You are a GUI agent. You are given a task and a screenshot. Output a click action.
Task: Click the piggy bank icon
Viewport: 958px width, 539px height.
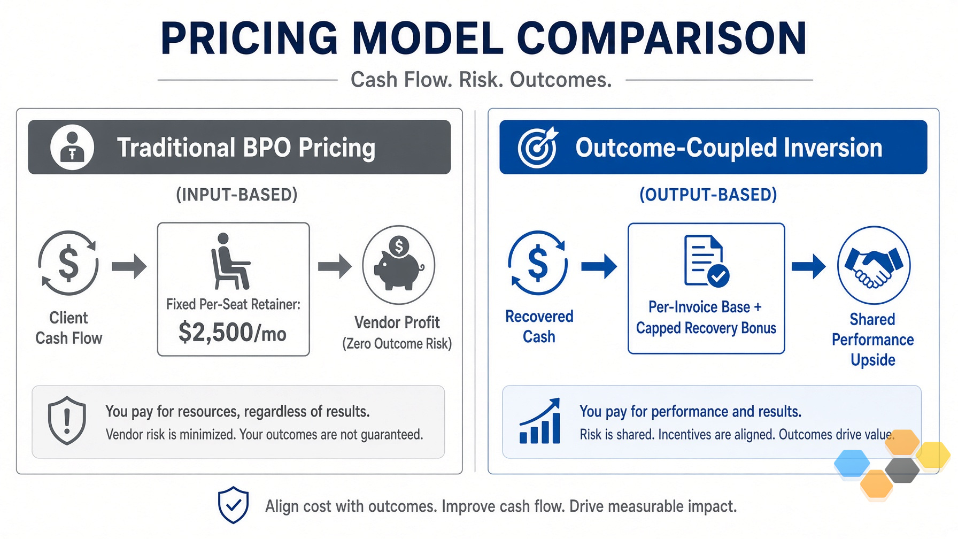[x=399, y=265]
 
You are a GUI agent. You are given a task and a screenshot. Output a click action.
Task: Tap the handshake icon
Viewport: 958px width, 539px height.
[x=874, y=265]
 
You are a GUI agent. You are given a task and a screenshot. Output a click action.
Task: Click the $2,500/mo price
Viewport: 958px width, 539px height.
[x=233, y=332]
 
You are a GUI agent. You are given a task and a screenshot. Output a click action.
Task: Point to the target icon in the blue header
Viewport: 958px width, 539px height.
[x=537, y=147]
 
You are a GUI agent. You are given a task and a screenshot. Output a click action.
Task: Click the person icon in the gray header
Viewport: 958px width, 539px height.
[x=72, y=147]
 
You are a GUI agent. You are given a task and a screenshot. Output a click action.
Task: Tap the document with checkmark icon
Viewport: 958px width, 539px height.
[x=706, y=261]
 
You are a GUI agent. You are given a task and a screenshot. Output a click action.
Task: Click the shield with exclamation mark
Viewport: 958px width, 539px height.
[x=67, y=421]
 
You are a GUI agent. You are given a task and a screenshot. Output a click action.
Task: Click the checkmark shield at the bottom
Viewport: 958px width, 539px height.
[x=233, y=505]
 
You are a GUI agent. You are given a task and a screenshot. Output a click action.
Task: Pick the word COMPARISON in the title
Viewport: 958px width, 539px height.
[x=662, y=38]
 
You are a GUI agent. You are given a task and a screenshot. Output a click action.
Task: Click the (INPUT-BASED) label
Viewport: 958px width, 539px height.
[x=237, y=195]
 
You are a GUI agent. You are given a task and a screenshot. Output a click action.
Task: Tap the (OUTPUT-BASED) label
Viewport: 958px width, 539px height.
[x=708, y=195]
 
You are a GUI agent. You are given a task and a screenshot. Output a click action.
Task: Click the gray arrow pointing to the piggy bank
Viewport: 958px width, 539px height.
[x=335, y=266]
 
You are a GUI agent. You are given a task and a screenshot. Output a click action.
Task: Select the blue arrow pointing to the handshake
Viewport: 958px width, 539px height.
[x=808, y=266]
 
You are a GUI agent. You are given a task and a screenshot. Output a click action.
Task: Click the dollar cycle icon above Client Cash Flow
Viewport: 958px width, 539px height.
[x=68, y=263]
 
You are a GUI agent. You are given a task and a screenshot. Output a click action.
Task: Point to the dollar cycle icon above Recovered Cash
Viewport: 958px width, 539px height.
[x=538, y=263]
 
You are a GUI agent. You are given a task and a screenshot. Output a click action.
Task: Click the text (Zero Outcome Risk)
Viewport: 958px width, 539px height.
[x=397, y=344]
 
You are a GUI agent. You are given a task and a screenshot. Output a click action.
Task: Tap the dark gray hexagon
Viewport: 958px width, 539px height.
[x=902, y=470]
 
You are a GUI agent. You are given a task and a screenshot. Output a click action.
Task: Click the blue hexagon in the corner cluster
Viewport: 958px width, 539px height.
[x=852, y=463]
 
